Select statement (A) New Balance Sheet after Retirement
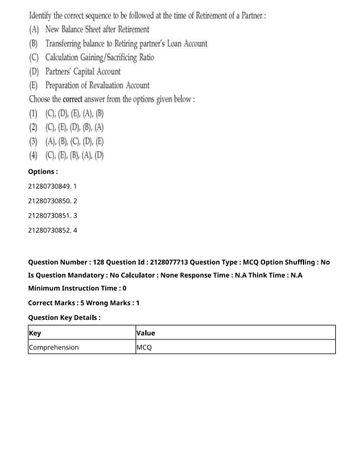click(x=89, y=29)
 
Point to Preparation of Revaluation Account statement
click(x=89, y=86)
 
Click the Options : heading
click(x=43, y=172)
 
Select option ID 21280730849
click(x=52, y=186)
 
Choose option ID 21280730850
click(x=52, y=201)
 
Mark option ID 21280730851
click(x=52, y=215)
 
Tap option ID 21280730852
click(x=52, y=230)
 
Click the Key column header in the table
click(x=35, y=333)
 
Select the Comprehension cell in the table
click(x=54, y=347)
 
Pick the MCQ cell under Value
click(x=144, y=347)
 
